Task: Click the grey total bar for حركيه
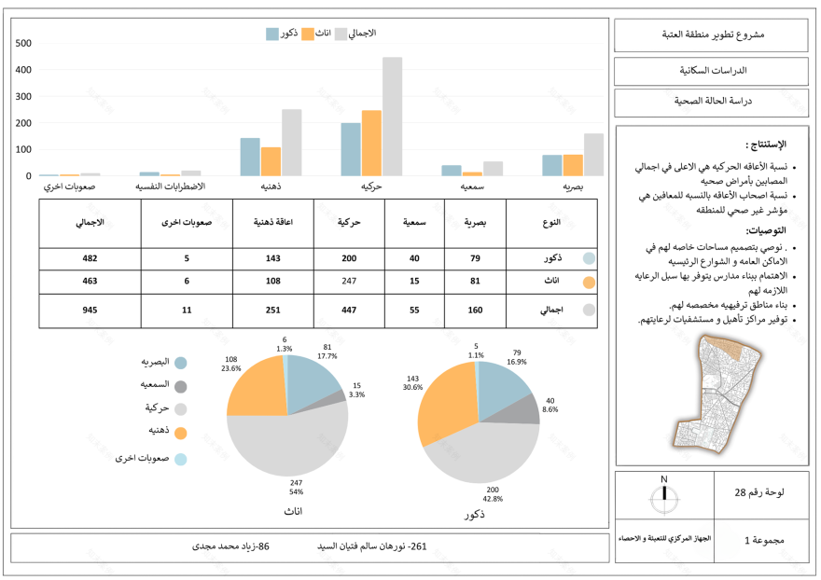[x=392, y=117]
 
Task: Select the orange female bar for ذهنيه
[x=271, y=161]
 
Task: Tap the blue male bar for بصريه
[x=551, y=165]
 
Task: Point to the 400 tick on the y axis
[x=23, y=70]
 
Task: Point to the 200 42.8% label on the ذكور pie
[x=494, y=494]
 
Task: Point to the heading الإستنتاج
[x=766, y=145]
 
